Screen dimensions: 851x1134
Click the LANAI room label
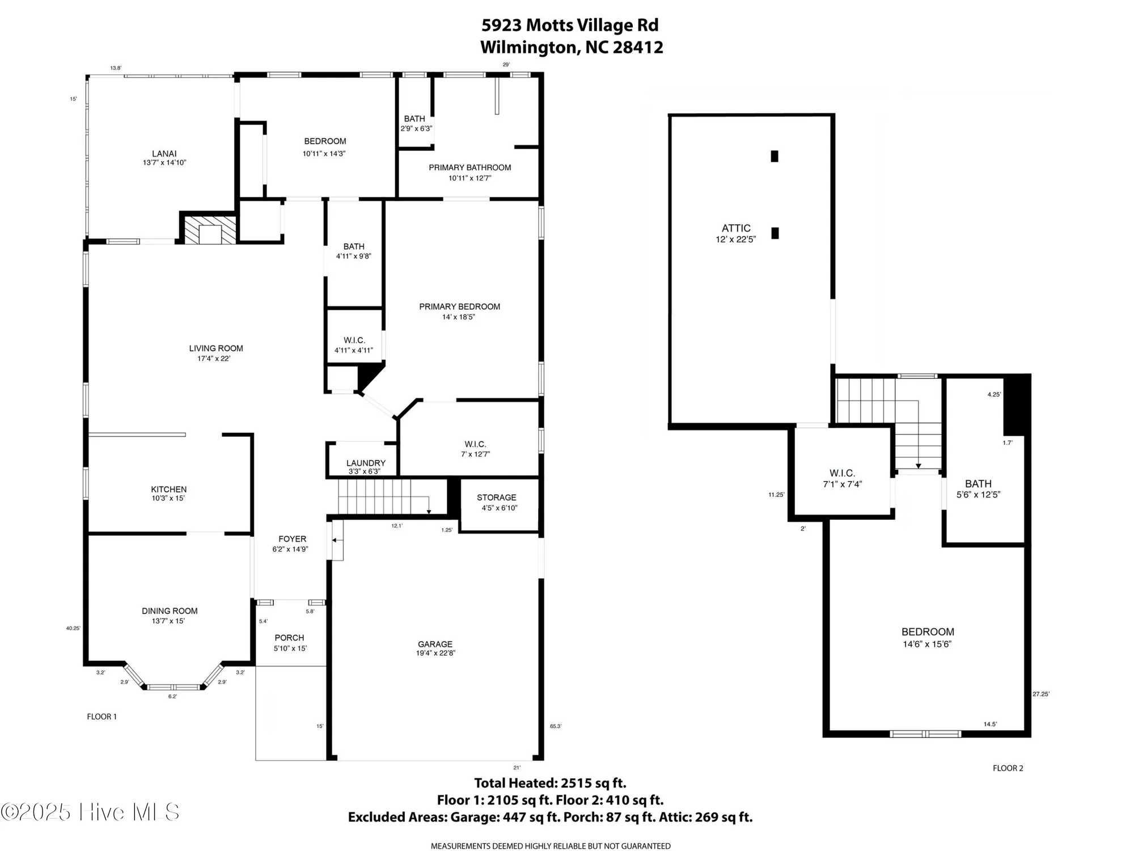coord(164,154)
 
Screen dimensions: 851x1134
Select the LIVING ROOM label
coord(215,348)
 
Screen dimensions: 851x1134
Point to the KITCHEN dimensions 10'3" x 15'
coord(168,499)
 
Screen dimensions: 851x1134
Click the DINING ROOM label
coord(170,611)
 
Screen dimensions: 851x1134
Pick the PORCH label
coord(289,638)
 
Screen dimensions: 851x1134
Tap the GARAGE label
coord(435,644)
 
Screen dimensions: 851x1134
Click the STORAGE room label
coord(496,498)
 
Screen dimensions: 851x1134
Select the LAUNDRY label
coord(366,463)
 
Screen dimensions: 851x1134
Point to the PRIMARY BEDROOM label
coord(459,307)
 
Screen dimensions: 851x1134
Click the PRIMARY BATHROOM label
coord(469,167)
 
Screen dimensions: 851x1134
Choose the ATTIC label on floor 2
coord(736,228)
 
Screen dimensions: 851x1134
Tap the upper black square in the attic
coord(775,156)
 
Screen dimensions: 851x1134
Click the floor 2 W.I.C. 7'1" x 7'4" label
coord(842,478)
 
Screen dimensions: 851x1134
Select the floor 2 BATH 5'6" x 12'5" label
coord(978,488)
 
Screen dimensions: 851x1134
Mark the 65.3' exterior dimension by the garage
coord(555,726)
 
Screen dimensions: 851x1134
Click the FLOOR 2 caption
coord(1008,768)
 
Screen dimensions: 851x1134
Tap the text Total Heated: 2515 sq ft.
coord(550,783)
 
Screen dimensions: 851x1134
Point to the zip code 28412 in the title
coord(638,47)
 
